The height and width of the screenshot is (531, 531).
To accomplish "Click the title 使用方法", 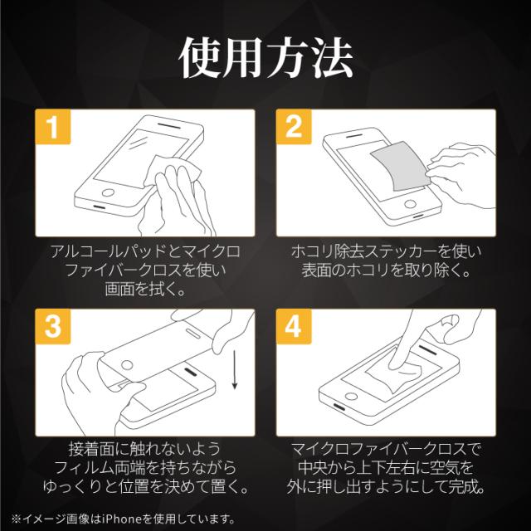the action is click(x=265, y=58).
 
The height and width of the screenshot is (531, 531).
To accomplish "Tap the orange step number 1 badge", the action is click(x=53, y=127).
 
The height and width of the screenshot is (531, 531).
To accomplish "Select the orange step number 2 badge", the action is click(x=294, y=127).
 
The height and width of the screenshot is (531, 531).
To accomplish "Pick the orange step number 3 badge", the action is click(x=53, y=326).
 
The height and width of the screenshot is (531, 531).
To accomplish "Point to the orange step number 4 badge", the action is click(x=294, y=326).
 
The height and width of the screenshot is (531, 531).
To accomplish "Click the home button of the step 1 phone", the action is click(x=109, y=193).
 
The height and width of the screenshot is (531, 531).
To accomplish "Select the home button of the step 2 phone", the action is click(x=410, y=204).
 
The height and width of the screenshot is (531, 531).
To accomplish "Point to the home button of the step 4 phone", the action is click(x=351, y=397).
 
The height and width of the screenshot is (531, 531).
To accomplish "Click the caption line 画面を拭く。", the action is click(x=145, y=289).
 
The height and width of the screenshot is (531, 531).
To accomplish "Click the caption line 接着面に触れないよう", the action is click(x=145, y=449).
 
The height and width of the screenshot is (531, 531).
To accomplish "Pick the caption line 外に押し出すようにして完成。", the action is click(x=386, y=486).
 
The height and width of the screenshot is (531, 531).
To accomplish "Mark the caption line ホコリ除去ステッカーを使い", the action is click(x=386, y=251).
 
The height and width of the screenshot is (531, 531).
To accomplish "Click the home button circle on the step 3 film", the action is click(x=127, y=365).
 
